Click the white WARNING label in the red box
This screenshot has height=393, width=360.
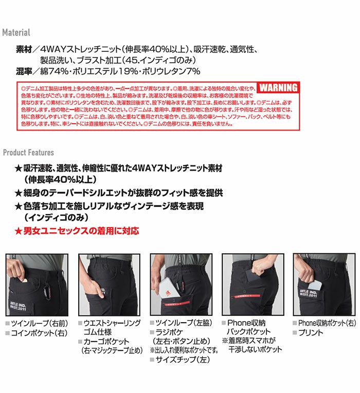click(278, 87)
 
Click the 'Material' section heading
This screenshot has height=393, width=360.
click(16, 32)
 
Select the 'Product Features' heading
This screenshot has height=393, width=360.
click(28, 153)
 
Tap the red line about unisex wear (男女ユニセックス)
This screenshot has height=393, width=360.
click(77, 231)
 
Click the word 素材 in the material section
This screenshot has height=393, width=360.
click(25, 50)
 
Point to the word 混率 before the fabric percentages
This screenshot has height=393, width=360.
click(25, 71)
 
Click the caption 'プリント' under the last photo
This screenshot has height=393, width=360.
click(311, 333)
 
